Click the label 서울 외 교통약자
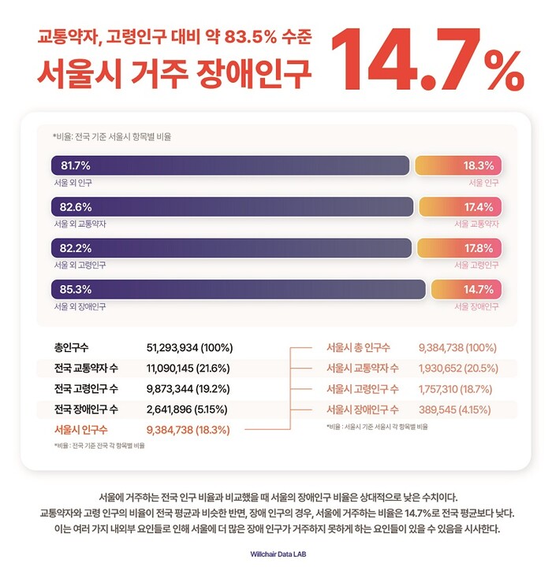click(80, 224)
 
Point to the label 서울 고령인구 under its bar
click(477, 265)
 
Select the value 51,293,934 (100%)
click(189, 347)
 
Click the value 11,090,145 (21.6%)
click(188, 368)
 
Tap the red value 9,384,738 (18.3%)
click(188, 430)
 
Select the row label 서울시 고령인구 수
click(363, 389)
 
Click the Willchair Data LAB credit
click(276, 554)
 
